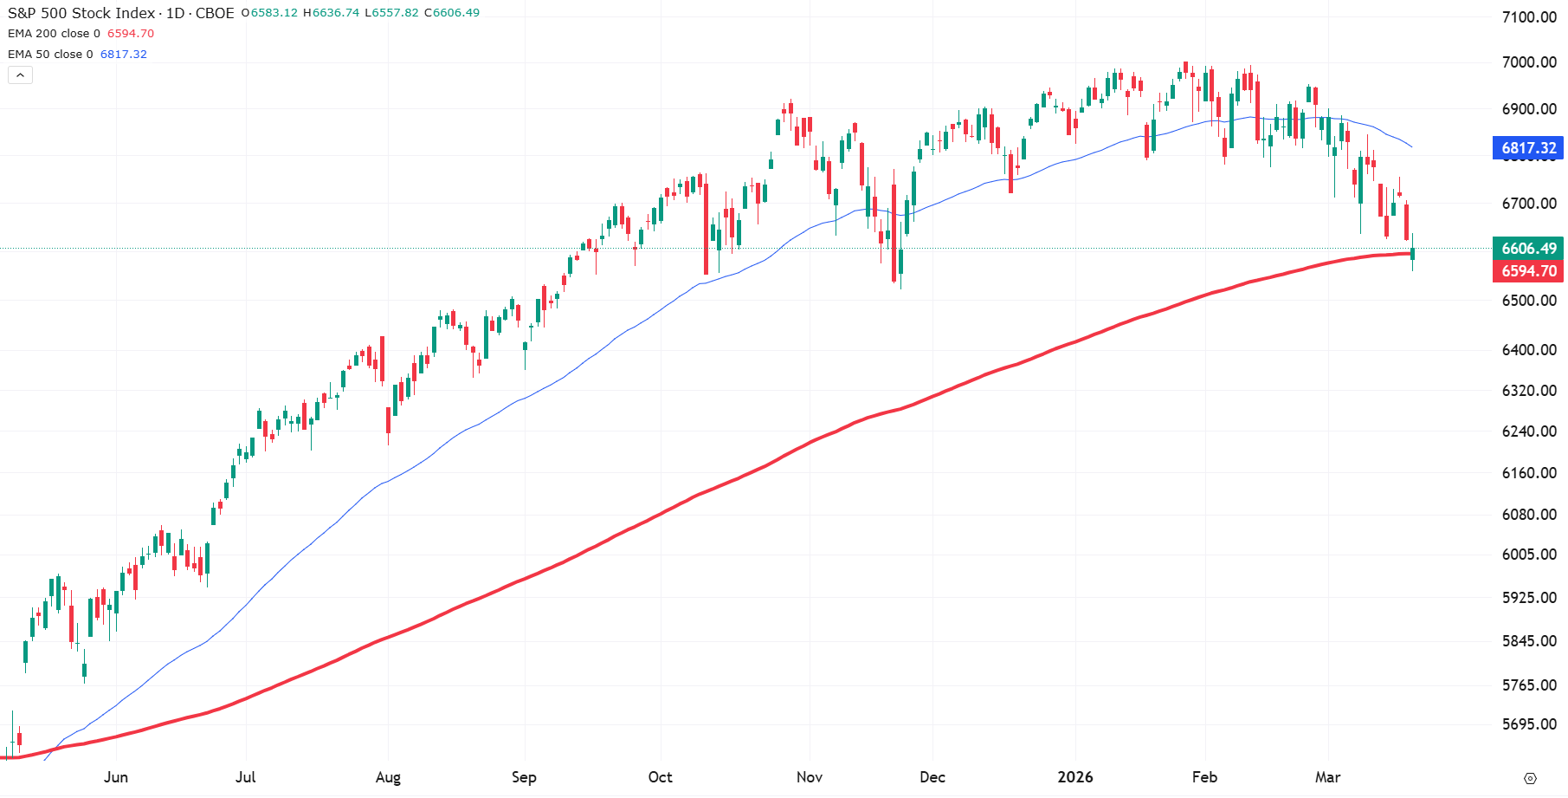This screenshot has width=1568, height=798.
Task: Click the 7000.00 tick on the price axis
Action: tap(1528, 62)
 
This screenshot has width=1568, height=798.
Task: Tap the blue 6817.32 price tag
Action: tap(1528, 148)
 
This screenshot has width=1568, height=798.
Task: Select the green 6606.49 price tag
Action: tap(1528, 249)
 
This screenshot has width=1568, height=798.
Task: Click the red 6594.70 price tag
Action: tap(1528, 271)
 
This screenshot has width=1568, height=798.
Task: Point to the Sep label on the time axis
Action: tap(524, 777)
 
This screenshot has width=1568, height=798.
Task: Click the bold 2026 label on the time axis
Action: tap(1075, 777)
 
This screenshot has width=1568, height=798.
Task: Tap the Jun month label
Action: tap(116, 777)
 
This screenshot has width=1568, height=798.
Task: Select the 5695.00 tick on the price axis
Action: tap(1528, 724)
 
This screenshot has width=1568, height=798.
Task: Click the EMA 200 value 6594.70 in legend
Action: tap(131, 34)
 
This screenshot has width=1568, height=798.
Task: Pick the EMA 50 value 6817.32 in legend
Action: tap(124, 55)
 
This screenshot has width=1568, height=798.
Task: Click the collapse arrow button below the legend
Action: tap(21, 75)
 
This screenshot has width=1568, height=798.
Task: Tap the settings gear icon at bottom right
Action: tap(1530, 778)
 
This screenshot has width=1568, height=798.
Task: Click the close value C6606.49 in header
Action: tap(452, 13)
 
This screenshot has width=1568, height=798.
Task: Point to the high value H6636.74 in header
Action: tap(331, 13)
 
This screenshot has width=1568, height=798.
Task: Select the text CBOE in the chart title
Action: tap(215, 13)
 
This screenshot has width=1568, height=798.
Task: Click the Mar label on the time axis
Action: tap(1327, 777)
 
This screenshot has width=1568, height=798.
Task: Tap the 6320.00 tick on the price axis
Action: tap(1528, 391)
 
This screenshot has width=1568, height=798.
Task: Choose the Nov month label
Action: tap(810, 777)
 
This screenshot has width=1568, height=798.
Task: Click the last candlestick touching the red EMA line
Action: tap(1412, 253)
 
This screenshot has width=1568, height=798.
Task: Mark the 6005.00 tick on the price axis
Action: tap(1528, 555)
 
